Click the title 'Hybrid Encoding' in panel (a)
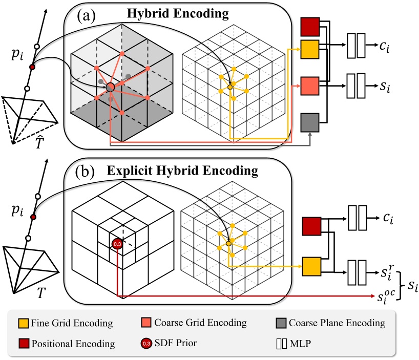186,15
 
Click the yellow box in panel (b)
311,267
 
